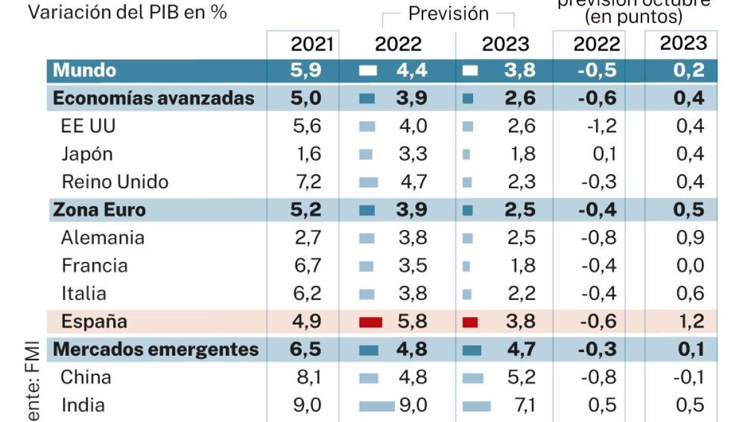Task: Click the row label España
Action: pyautogui.click(x=94, y=321)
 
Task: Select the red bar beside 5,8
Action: pyautogui.click(x=370, y=323)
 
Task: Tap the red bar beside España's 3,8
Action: pyautogui.click(x=470, y=323)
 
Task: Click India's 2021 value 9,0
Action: pyautogui.click(x=307, y=405)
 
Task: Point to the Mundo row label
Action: pyautogui.click(x=84, y=70)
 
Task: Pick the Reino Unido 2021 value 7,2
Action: pyautogui.click(x=307, y=182)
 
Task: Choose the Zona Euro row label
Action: pyautogui.click(x=99, y=210)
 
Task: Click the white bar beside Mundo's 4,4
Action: pyautogui.click(x=368, y=71)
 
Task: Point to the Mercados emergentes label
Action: pyautogui.click(x=156, y=349)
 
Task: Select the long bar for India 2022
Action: pyautogui.click(x=377, y=406)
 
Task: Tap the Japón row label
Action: pyautogui.click(x=87, y=154)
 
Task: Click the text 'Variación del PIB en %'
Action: pyautogui.click(x=127, y=13)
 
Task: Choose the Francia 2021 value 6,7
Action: pyautogui.click(x=307, y=266)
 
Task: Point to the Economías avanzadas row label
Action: pyautogui.click(x=153, y=98)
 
